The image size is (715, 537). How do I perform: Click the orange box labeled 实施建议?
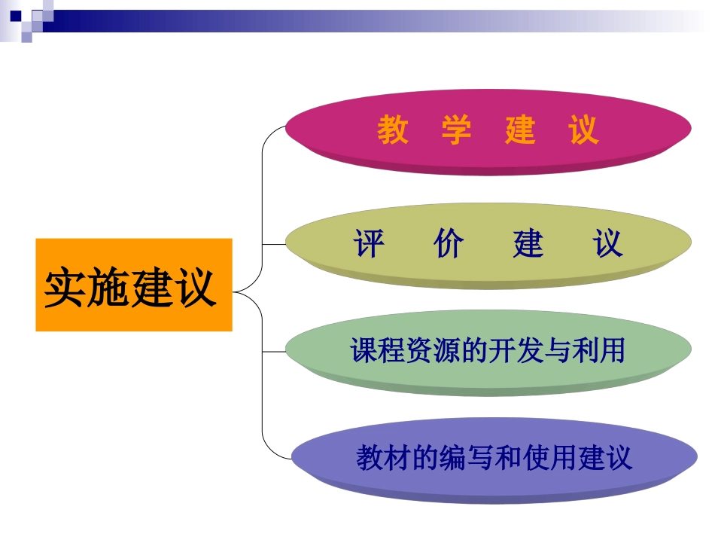133,285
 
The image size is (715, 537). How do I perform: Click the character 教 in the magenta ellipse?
393,130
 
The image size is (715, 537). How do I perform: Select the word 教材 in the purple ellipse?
385,457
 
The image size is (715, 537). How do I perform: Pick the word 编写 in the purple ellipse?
466,457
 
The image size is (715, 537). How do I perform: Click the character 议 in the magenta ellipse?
583,130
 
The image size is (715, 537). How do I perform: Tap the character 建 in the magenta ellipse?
520,130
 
